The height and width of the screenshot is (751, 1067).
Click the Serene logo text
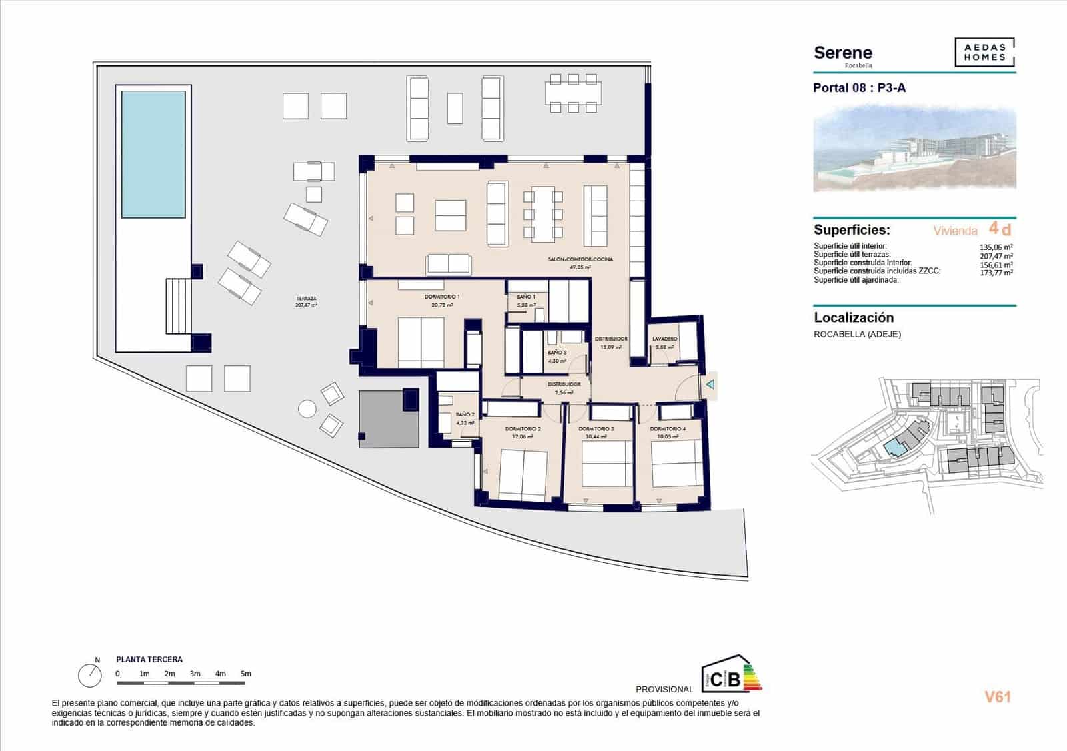coord(842,53)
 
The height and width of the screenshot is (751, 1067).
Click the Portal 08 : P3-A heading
coord(859,88)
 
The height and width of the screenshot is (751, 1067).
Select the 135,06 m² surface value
coord(991,247)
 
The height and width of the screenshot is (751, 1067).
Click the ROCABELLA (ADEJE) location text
coord(857,334)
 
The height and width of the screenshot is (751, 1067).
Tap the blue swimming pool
coord(153,154)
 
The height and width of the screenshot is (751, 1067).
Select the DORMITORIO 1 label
coord(442,297)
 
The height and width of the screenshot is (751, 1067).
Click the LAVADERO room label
coord(664,339)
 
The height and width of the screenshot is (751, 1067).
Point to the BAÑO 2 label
coord(465,414)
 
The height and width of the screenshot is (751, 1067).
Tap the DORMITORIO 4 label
coord(667,429)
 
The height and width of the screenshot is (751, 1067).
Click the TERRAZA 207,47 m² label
coord(306,301)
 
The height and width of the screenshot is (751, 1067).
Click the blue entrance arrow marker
coord(710,384)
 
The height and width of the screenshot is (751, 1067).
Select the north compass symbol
coord(90,676)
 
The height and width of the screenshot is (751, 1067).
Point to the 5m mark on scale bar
coord(246,674)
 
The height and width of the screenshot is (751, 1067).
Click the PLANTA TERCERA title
coord(149,659)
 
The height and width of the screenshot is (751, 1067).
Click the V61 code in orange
coord(998,697)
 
